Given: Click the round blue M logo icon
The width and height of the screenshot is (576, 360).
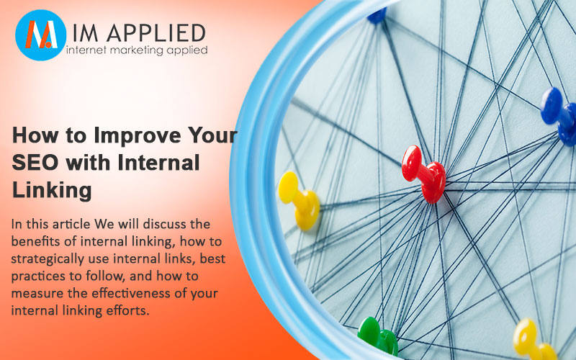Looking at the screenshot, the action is [x=41, y=35].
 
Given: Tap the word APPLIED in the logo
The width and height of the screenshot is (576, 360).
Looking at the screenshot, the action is [x=156, y=33].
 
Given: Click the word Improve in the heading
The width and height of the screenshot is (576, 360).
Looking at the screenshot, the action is [x=138, y=135].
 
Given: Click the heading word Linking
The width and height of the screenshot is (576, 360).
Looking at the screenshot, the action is [x=52, y=191].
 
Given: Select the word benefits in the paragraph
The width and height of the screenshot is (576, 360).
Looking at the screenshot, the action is [x=35, y=241].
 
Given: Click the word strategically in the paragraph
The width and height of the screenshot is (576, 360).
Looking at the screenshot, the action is [x=48, y=259].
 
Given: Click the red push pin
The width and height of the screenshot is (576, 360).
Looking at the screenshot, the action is [x=424, y=174].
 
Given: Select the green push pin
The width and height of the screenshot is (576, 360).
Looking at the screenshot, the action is [x=378, y=336].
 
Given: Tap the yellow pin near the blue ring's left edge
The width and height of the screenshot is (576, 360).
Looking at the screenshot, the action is [x=299, y=201].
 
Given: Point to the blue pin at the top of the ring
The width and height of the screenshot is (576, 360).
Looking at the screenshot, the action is [x=377, y=15].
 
